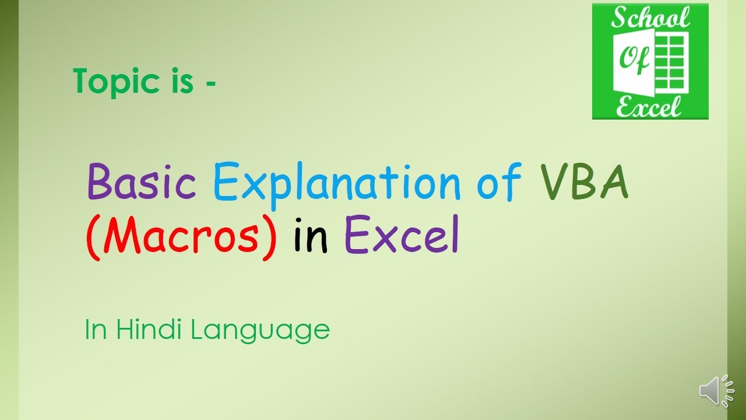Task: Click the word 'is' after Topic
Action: click(x=180, y=82)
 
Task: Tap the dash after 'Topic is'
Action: click(x=210, y=83)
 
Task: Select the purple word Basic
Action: click(x=142, y=181)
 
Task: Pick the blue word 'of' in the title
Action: click(x=498, y=181)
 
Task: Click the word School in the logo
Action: click(x=650, y=19)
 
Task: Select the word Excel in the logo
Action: click(x=649, y=106)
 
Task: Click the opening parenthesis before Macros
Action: click(x=92, y=236)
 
